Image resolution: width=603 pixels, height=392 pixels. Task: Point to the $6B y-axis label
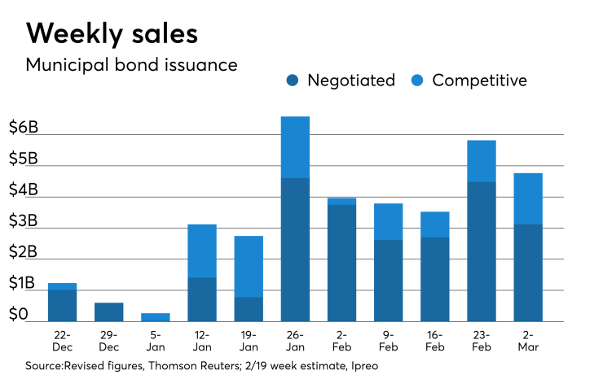coord(24,127)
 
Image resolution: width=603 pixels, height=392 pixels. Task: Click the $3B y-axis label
coord(24,220)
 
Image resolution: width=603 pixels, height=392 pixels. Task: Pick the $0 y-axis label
coord(19,314)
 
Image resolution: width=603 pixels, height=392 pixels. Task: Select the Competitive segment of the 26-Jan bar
coord(295,147)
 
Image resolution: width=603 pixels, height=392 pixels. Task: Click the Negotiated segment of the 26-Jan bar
coord(295,249)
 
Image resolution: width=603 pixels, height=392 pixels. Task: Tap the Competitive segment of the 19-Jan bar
coord(249,266)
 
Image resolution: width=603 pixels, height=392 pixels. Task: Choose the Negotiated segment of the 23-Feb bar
coord(481,250)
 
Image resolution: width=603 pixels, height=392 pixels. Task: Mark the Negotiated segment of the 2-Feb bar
coord(341,263)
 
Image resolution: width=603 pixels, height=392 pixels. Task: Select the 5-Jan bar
coord(156,317)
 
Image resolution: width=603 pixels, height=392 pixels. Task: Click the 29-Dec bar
coord(109,311)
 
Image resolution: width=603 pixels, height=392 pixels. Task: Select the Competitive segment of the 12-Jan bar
coord(202,250)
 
